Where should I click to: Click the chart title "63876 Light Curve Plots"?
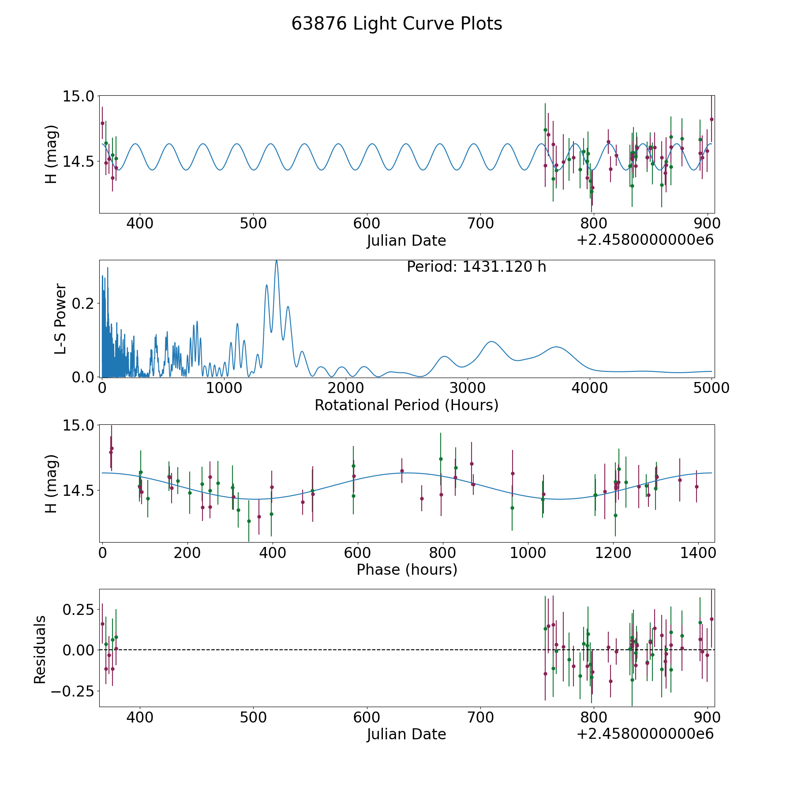(397, 24)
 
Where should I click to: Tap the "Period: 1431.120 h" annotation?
(476, 267)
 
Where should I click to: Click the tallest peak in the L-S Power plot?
(276, 261)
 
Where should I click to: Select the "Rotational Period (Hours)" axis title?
(406, 405)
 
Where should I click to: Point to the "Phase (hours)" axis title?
(407, 569)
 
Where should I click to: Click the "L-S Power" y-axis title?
(60, 318)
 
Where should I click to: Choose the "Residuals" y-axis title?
(40, 650)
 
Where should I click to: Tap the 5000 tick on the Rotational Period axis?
(711, 388)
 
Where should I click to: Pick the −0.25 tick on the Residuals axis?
(72, 691)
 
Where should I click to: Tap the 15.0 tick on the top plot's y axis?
(79, 96)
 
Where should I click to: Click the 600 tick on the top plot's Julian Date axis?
(367, 223)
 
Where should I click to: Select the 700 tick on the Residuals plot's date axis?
(480, 717)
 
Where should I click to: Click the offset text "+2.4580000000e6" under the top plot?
(645, 240)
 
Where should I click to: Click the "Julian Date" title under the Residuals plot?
(406, 734)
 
